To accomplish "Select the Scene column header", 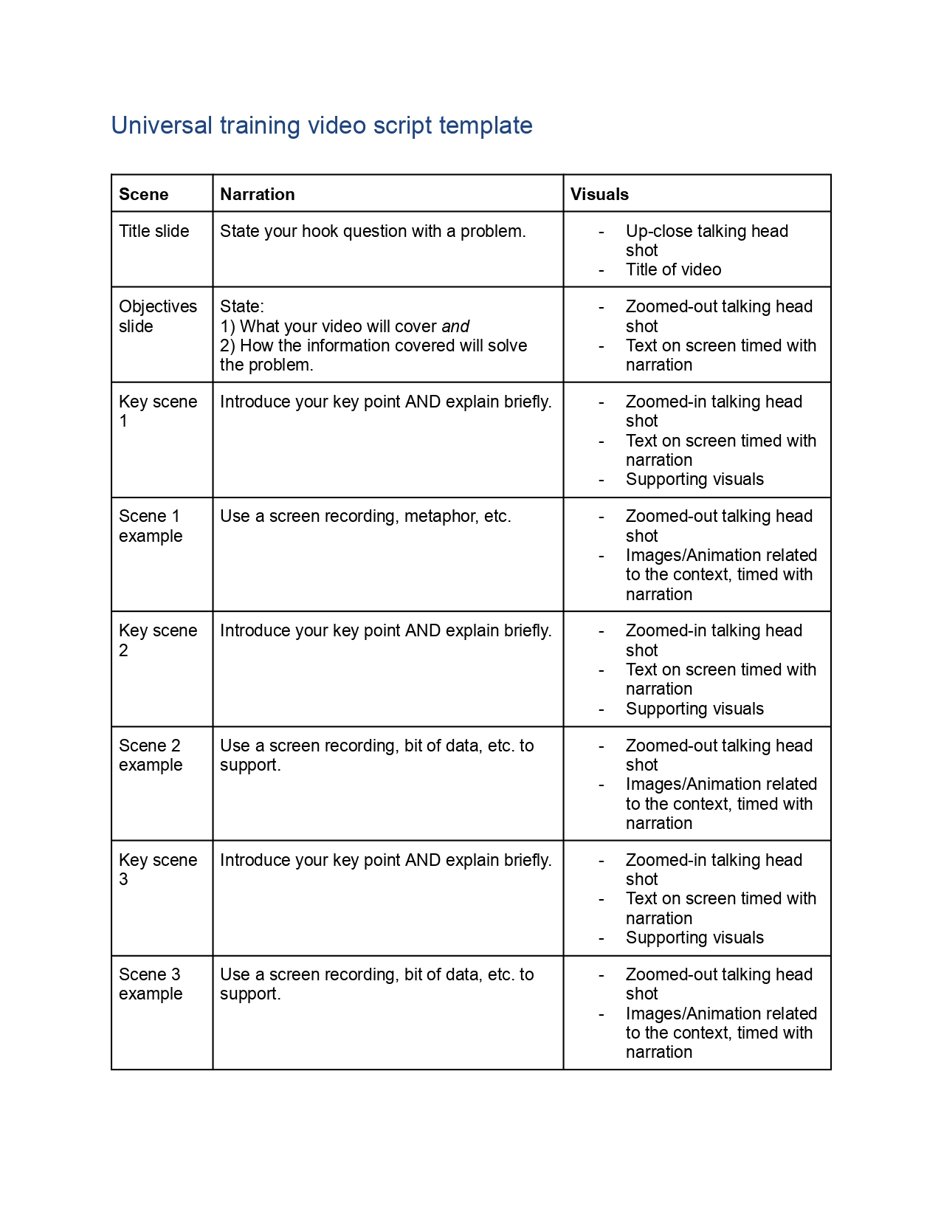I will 143,194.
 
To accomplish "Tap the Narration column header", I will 257,194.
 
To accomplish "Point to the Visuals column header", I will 599,194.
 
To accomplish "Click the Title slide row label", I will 154,231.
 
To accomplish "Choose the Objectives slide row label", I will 157,316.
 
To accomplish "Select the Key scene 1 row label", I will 157,411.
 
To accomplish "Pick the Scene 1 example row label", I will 150,526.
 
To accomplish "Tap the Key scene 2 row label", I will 157,640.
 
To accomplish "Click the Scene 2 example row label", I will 150,755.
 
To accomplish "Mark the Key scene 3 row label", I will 157,870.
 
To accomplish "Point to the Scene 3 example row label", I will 150,984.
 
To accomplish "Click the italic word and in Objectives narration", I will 455,326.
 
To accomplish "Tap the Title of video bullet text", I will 673,269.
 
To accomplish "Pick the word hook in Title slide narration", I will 320,231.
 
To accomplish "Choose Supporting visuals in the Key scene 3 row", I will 694,937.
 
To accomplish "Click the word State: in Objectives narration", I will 241,306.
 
